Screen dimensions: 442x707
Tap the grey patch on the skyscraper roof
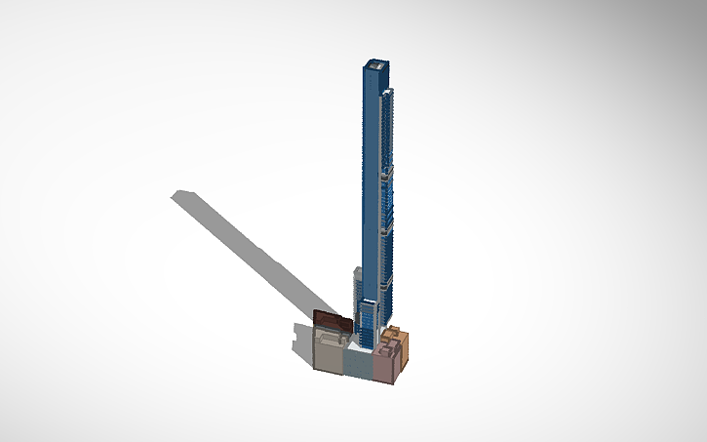(373, 64)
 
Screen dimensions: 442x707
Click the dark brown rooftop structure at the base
(332, 321)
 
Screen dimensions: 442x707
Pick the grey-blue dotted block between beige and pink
(358, 361)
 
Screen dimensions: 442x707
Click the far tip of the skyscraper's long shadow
(177, 195)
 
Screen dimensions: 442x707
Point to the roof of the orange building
(401, 335)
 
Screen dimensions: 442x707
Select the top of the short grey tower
(358, 269)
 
